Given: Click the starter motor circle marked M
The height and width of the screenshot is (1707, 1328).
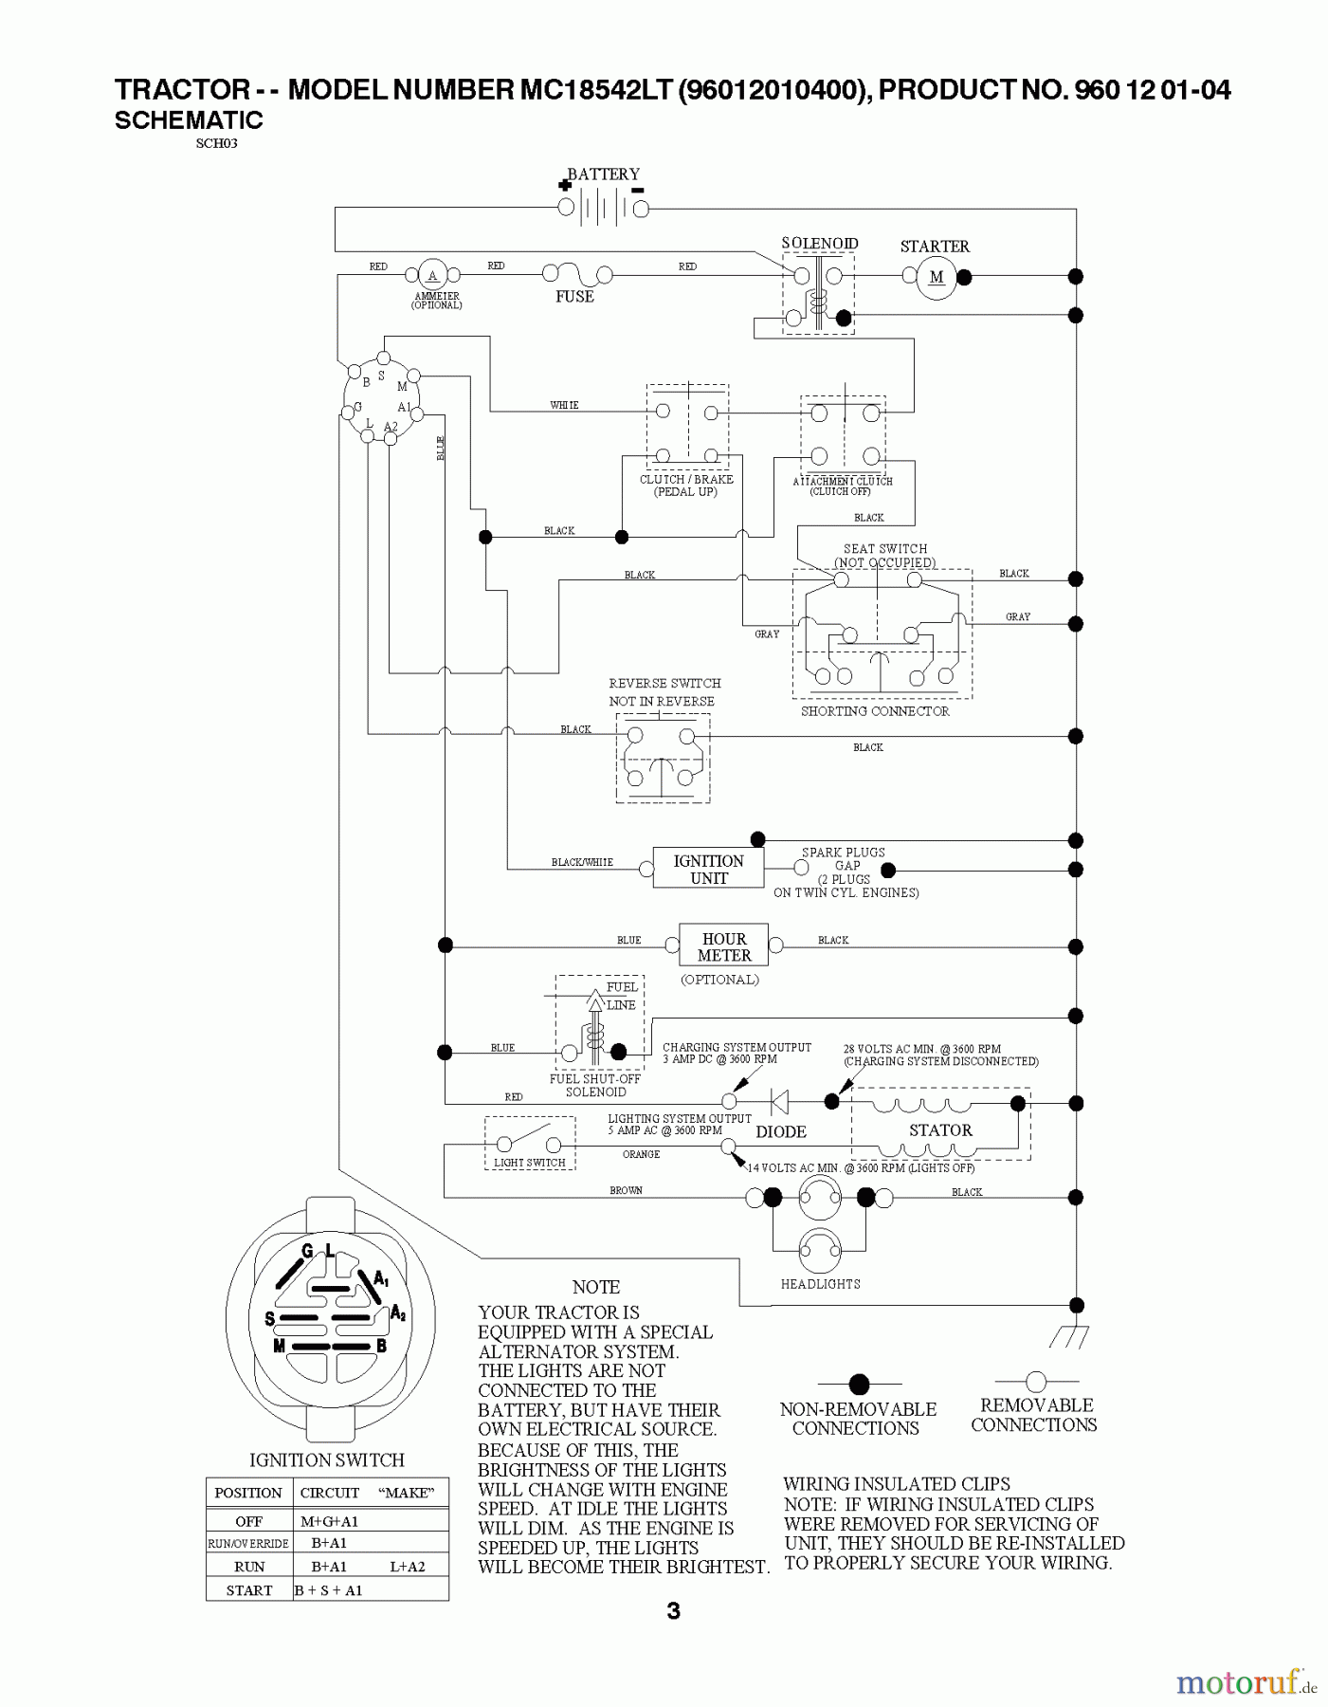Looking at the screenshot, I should pyautogui.click(x=937, y=277).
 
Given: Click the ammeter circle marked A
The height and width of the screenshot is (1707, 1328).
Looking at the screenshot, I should pyautogui.click(x=432, y=276).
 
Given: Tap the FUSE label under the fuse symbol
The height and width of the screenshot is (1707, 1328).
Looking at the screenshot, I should pyautogui.click(x=574, y=297).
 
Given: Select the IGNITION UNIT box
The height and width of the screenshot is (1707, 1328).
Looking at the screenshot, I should pyautogui.click(x=708, y=869).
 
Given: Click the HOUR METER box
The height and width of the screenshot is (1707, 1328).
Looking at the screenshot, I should pyautogui.click(x=724, y=946).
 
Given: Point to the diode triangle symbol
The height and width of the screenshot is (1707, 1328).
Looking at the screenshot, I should pyautogui.click(x=780, y=1101).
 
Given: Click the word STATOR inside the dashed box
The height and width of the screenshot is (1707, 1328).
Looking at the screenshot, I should pyautogui.click(x=940, y=1129).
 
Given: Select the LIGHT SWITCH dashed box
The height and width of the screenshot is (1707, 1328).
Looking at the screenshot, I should pyautogui.click(x=530, y=1143).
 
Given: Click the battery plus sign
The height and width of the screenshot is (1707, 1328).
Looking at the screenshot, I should pyautogui.click(x=565, y=186).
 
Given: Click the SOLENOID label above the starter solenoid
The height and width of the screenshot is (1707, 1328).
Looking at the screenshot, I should pyautogui.click(x=820, y=244).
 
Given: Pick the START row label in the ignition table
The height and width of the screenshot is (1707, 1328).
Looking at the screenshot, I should pyautogui.click(x=249, y=1590).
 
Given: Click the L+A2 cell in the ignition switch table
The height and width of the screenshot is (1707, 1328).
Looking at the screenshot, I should pyautogui.click(x=408, y=1567).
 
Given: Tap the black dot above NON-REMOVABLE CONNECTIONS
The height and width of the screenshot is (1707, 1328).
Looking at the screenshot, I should pyautogui.click(x=859, y=1385).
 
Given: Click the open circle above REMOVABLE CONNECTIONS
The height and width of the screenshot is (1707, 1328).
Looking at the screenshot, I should pyautogui.click(x=1036, y=1381).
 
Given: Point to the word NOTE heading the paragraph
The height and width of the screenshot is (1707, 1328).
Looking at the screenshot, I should pyautogui.click(x=596, y=1287).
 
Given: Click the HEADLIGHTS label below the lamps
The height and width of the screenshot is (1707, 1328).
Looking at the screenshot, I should pyautogui.click(x=820, y=1284).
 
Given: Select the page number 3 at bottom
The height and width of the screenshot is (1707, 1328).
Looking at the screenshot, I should pyautogui.click(x=673, y=1611).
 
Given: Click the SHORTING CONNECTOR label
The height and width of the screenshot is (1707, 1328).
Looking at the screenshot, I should pyautogui.click(x=874, y=711).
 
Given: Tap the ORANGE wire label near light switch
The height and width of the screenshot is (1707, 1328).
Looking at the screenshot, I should pyautogui.click(x=641, y=1154).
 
